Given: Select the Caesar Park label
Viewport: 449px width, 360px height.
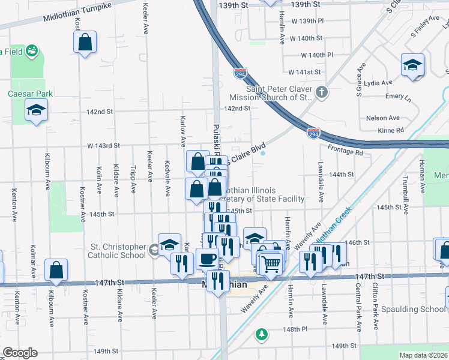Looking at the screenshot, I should (30, 94).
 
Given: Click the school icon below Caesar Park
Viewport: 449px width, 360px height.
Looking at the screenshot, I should (37, 110).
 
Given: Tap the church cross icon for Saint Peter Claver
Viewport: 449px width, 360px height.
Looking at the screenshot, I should (322, 92).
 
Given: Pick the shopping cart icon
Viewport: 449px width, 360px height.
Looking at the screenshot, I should (271, 262).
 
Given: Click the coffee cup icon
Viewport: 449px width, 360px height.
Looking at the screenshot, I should (208, 259).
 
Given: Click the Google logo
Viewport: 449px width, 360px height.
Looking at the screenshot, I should (20, 353).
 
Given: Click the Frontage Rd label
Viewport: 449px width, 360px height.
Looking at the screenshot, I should (346, 153).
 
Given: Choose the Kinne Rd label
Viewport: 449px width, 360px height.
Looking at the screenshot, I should (391, 130).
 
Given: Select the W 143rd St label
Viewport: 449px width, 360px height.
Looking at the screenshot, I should (104, 146).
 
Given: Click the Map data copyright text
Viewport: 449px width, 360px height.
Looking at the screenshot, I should (423, 355).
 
